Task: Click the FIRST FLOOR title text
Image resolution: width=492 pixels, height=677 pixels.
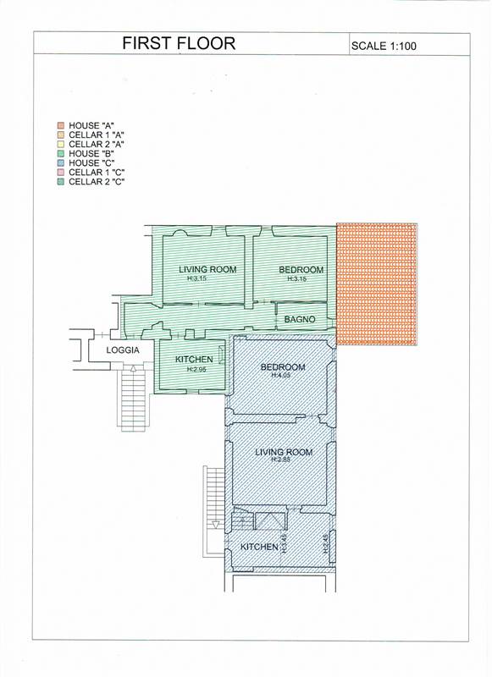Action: [x=179, y=43]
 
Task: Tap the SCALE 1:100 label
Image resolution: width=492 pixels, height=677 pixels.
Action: [x=384, y=46]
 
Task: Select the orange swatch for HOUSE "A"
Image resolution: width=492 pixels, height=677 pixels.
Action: [x=61, y=125]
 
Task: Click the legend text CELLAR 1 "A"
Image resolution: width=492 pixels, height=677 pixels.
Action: [x=97, y=135]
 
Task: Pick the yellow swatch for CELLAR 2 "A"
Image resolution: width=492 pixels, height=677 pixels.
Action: [x=61, y=144]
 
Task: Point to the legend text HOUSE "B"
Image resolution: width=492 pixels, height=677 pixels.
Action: [x=91, y=154]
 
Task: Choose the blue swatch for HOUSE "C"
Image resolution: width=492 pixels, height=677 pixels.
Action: [x=61, y=163]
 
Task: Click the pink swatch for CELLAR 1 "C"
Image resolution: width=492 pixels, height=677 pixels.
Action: [x=61, y=173]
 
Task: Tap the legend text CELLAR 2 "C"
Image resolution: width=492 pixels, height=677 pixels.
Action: [x=97, y=182]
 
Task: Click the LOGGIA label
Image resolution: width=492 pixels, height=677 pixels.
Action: [x=123, y=350]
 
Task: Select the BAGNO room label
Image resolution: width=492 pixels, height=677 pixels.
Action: [x=300, y=320]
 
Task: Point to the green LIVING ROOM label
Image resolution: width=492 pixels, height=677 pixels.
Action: [x=207, y=269]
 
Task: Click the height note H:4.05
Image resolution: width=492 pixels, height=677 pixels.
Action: [x=281, y=376]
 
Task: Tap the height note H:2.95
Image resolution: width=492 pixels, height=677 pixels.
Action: [x=197, y=369]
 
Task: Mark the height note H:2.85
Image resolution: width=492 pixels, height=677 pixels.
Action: [x=281, y=460]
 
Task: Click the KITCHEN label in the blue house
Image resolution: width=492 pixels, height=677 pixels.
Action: [x=259, y=547]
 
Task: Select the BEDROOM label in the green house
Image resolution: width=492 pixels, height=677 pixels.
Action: [x=301, y=270]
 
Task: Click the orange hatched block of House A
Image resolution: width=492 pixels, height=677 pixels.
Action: [x=377, y=283]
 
